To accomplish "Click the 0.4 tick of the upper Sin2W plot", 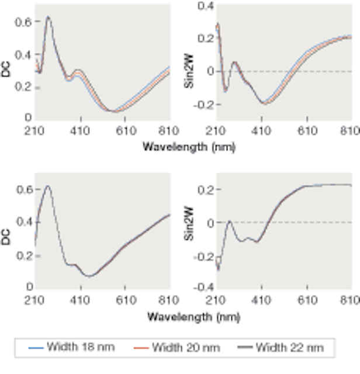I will (207, 6).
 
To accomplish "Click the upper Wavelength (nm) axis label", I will (188, 147).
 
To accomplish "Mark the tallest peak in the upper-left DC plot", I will (49, 17).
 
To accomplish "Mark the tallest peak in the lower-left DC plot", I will (48, 186).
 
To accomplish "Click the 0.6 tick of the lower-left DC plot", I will (25, 190).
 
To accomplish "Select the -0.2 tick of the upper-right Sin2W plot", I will (205, 105).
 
